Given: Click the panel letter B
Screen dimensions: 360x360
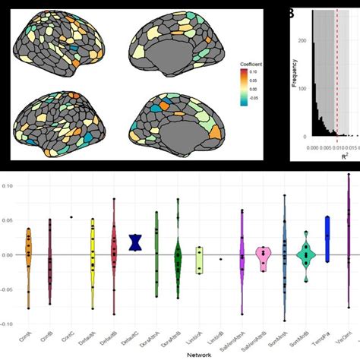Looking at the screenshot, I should tap(291, 12).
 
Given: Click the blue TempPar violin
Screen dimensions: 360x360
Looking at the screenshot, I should tap(327, 237).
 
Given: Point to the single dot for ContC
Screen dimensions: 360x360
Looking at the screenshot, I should tap(71, 217).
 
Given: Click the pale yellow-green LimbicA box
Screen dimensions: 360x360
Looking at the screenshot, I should tap(199, 259).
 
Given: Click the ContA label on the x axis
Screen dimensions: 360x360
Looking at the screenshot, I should tap(24, 339).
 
